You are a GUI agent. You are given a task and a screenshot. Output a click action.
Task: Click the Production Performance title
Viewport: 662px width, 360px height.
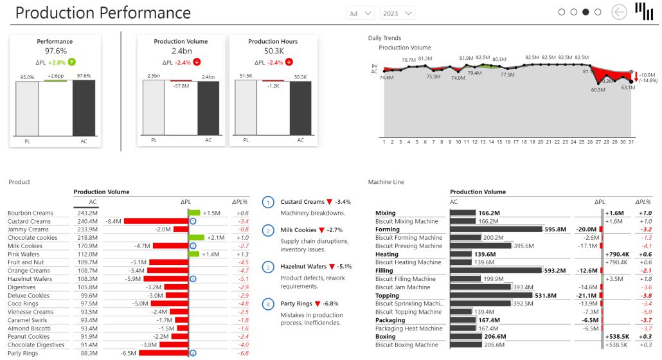click(103, 13)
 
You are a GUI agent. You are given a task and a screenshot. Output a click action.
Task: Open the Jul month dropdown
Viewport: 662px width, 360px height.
click(361, 13)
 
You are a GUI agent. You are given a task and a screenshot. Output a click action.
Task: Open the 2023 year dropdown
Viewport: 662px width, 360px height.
click(397, 13)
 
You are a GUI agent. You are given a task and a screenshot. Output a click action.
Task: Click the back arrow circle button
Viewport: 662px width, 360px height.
click(619, 12)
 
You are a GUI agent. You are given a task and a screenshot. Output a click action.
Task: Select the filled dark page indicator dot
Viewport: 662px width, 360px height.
click(586, 12)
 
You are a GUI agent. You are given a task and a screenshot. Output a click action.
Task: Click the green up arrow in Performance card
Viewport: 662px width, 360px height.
click(72, 62)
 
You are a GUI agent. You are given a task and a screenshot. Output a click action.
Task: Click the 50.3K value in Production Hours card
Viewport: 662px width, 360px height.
click(273, 51)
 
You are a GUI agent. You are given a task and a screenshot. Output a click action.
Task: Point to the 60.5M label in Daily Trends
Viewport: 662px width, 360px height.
click(598, 90)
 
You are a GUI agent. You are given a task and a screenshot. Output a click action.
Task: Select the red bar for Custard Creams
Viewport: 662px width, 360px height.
click(156, 221)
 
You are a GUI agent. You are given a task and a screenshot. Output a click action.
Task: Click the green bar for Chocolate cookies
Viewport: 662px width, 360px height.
click(197, 238)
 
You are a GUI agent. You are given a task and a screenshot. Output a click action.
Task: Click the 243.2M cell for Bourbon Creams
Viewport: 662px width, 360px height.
click(87, 213)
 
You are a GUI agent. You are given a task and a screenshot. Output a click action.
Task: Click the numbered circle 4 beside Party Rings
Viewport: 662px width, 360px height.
click(268, 303)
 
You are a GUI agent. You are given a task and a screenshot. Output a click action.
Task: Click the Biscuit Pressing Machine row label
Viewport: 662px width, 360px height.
click(409, 246)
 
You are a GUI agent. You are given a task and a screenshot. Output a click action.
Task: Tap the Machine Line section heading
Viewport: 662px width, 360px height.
click(386, 182)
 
